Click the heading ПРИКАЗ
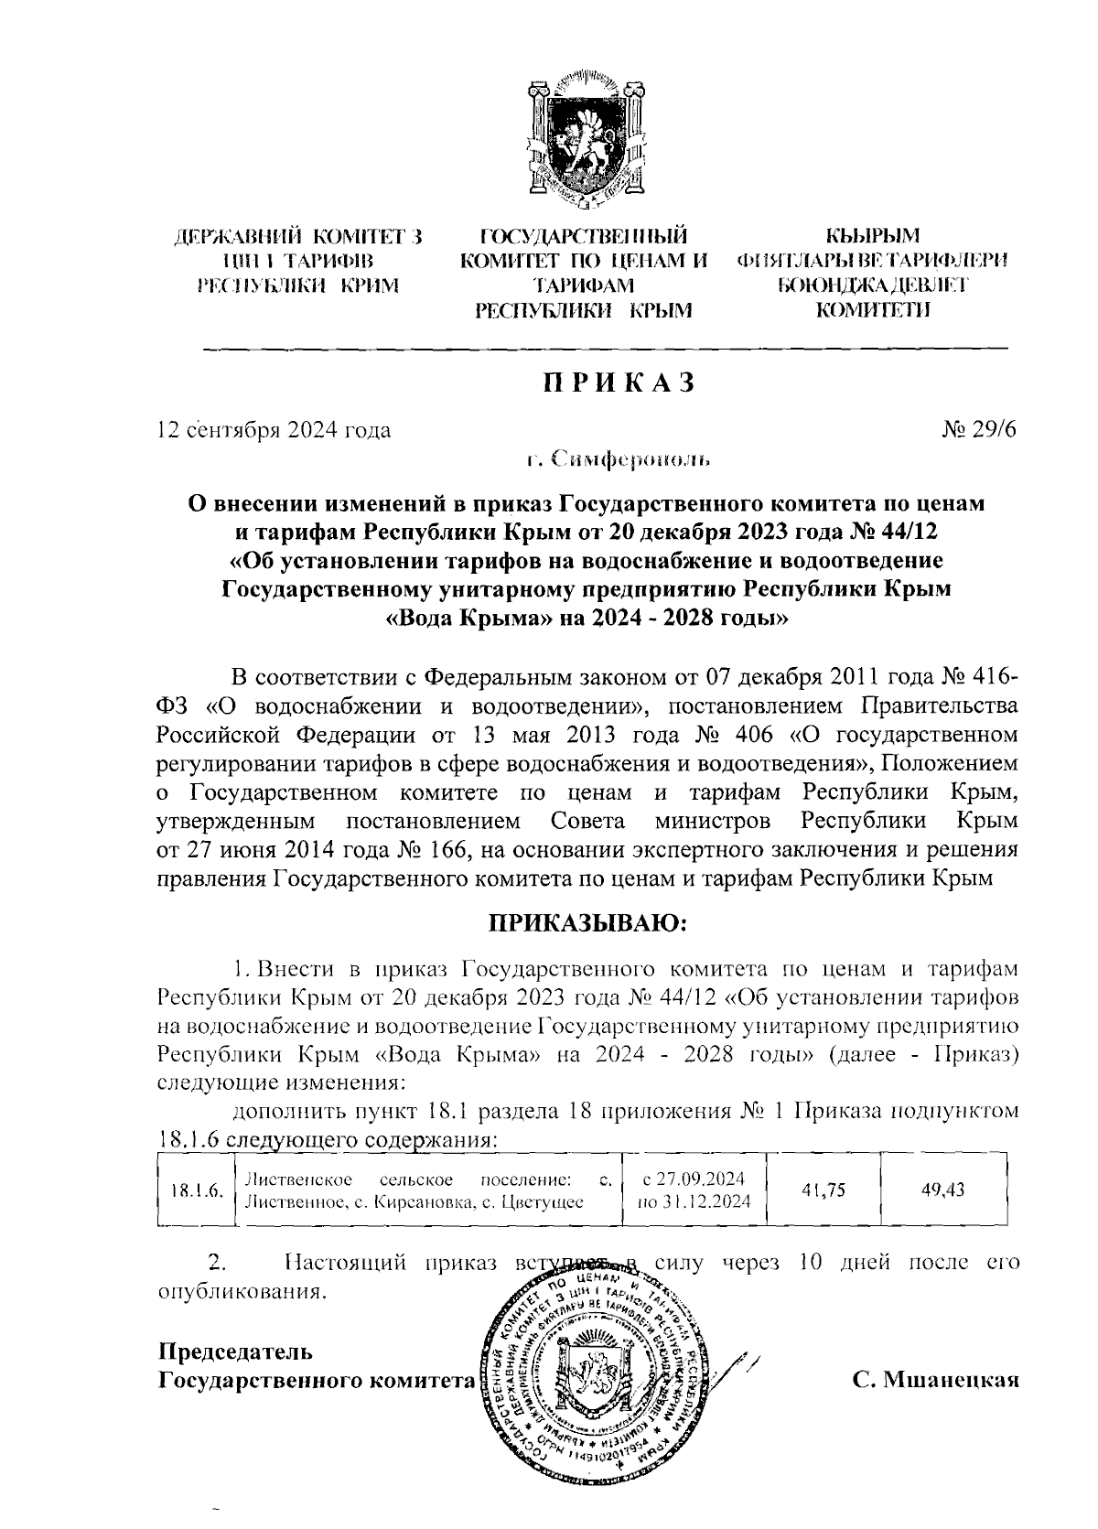click(x=619, y=382)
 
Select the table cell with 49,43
click(x=944, y=1190)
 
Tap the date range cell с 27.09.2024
click(x=693, y=1179)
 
